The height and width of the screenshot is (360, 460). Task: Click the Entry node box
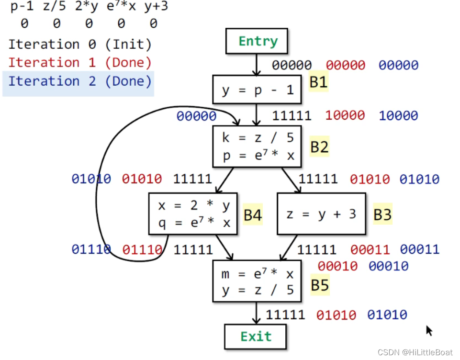257,42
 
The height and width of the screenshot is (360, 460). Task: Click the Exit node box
256,337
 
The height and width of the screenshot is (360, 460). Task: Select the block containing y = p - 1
257,90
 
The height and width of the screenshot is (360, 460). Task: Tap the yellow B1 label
318,83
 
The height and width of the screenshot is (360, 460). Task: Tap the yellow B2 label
319,147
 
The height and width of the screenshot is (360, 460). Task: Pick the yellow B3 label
382,215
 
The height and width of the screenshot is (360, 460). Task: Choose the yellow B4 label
252,215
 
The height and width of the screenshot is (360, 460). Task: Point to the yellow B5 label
319,286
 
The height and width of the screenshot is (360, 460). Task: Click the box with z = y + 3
321,214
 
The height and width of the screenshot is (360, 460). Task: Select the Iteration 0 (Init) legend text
79,45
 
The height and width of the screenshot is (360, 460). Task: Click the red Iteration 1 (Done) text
79,63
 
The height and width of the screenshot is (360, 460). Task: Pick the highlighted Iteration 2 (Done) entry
79,81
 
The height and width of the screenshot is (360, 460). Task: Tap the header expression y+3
156,7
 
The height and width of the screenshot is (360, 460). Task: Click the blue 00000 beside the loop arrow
196,116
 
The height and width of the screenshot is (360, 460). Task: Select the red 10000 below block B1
345,115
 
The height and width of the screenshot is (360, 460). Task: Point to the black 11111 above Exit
285,315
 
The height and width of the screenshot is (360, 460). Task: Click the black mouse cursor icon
429,330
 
